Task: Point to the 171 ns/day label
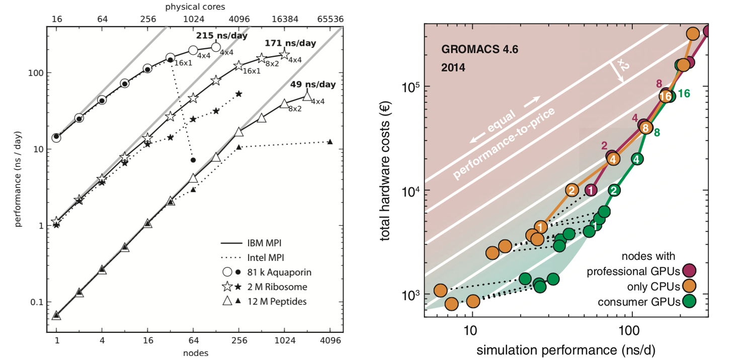tap(290, 43)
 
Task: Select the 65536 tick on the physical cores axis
tap(330, 19)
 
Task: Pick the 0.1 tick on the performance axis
tap(37, 302)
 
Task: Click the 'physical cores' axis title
tap(195, 7)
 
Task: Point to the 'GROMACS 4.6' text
tap(479, 50)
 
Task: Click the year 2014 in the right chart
tap(453, 67)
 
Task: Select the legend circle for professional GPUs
tap(689, 272)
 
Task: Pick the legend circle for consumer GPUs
tap(689, 302)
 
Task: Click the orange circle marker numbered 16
tap(666, 95)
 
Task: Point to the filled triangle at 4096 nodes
tap(330, 142)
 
